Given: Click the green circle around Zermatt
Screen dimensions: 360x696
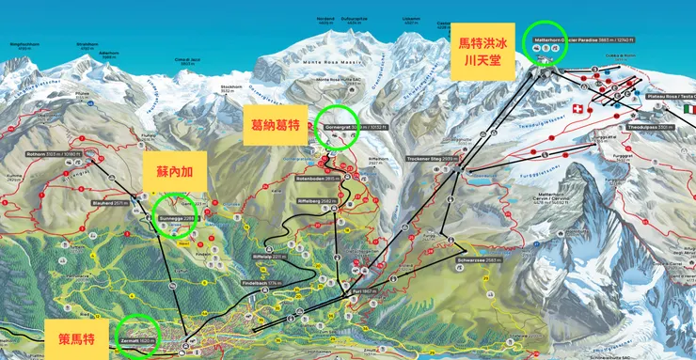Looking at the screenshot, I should (135, 336).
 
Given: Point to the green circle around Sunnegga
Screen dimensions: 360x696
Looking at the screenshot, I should (177, 215).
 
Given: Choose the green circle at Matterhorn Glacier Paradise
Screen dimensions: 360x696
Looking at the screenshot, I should (546, 44).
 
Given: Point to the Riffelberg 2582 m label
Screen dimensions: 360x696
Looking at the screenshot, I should (316, 200).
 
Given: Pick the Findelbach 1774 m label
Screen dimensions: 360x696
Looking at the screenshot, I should (261, 282).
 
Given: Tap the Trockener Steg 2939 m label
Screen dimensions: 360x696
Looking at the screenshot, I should (433, 160).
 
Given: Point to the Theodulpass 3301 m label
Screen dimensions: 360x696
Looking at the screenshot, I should (648, 126).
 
